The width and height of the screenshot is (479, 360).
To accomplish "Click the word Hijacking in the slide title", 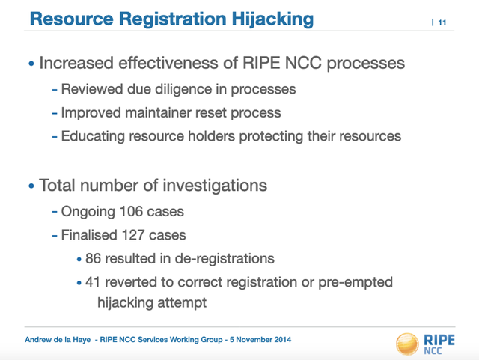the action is click(x=272, y=19).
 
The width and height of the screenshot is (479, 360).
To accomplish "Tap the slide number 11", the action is click(x=442, y=22).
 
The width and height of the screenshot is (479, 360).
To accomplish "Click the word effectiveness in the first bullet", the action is click(x=168, y=63).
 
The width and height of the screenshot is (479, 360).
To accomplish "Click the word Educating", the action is click(x=93, y=136).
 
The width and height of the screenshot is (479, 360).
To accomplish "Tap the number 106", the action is click(x=132, y=211).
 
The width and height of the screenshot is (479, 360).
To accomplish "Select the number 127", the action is click(x=133, y=235).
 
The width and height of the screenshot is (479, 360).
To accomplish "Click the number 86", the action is click(x=93, y=258).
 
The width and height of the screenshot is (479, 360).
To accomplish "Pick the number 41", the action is click(x=93, y=281).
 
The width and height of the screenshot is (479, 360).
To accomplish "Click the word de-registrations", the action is click(x=225, y=258).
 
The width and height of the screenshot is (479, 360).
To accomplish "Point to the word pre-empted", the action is click(x=356, y=282).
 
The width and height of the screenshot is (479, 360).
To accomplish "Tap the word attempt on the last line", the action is click(x=182, y=302).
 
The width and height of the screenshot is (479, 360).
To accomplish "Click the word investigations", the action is click(x=215, y=186).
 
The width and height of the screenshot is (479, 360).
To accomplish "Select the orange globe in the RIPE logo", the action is click(x=407, y=344).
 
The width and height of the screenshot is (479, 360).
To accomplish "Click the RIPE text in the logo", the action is click(x=439, y=340).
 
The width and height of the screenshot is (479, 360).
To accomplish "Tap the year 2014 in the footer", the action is click(x=282, y=340).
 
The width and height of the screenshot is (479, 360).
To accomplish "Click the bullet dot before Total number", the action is click(x=31, y=186).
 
